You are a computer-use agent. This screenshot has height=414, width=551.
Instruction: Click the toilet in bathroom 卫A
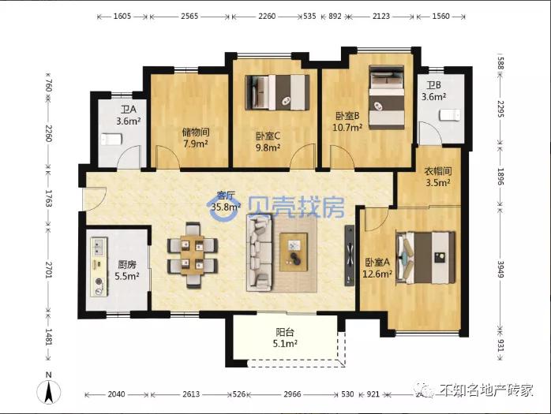click(111, 140)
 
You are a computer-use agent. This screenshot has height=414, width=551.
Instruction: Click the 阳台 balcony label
click(286, 332)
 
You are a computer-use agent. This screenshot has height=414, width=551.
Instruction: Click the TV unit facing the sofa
click(349, 252)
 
